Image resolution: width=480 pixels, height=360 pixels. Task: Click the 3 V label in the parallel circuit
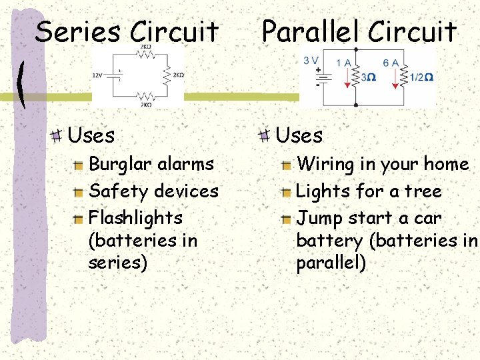311,60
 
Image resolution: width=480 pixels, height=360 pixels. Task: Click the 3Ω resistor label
368,77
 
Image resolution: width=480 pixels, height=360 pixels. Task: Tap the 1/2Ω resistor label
421,77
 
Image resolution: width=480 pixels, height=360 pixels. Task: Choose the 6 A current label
391,63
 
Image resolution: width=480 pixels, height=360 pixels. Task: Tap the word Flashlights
135,218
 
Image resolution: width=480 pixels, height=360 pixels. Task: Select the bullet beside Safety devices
79,192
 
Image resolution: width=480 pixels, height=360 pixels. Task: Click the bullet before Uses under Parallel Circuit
265,135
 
